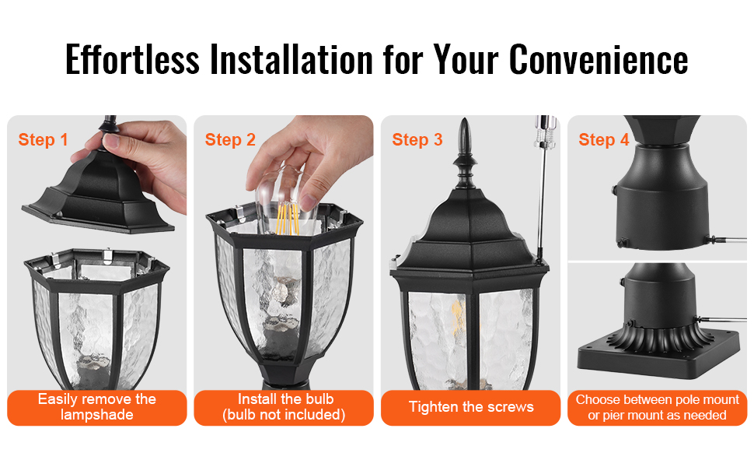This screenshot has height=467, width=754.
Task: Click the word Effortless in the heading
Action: tap(132, 59)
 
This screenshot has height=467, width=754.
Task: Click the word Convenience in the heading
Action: tap(599, 59)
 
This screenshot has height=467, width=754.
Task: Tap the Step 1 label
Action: tap(43, 139)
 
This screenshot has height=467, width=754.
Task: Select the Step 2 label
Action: tap(230, 139)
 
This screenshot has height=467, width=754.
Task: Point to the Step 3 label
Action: tap(417, 139)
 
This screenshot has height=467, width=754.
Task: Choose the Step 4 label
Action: tap(603, 139)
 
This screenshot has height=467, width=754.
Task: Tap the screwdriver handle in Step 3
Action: tap(546, 131)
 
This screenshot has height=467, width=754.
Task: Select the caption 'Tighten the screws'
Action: tap(471, 407)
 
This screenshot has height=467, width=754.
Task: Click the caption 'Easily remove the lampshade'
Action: tap(97, 407)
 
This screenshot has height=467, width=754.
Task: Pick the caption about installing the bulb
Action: tap(284, 407)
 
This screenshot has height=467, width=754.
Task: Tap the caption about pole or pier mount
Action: tap(658, 407)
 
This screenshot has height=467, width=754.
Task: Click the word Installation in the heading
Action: tap(291, 59)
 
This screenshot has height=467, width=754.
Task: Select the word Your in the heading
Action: tap(466, 59)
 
